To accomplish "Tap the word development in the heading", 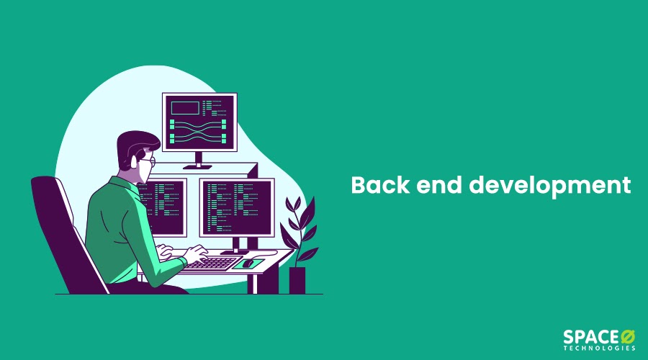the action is coord(549,186).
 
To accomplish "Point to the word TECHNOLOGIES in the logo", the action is coord(599,348).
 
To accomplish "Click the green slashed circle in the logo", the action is coord(627,336).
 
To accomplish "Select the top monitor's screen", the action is coord(199,122).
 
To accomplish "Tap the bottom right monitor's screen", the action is coord(237,207).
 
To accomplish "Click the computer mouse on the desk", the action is coord(248,263).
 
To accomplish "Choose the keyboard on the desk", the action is coord(212,264).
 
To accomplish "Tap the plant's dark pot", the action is coord(297,280).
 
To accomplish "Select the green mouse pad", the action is coord(248,264).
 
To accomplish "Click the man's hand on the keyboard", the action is coord(197,253).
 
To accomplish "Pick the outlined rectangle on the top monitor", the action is coord(185,108).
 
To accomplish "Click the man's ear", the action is coord(133,162).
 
